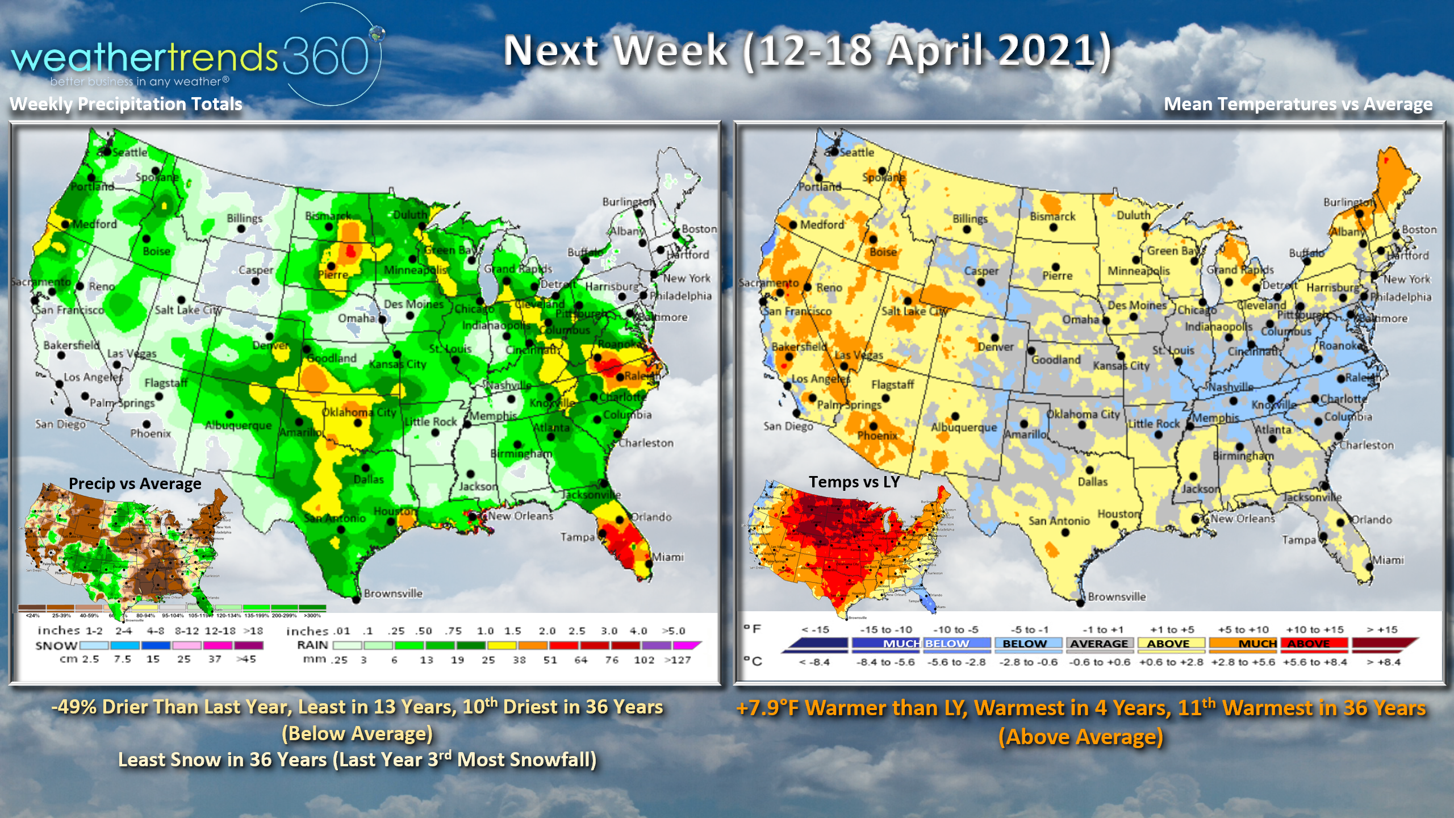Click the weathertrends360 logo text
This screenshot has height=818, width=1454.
pos(190,57)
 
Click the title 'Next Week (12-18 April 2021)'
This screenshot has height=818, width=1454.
pos(807,51)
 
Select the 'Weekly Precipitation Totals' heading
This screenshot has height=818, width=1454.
pos(126,104)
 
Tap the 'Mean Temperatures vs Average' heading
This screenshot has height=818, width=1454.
pos(1298,104)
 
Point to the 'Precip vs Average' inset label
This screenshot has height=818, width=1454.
pos(135,483)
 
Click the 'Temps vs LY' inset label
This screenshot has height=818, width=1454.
pos(854,482)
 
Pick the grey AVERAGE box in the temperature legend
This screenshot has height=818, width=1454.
pos(1099,644)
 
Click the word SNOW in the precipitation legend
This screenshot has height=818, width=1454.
pos(56,646)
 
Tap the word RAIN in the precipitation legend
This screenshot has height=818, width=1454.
pos(312,645)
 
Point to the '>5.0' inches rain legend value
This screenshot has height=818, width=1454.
pos(674,631)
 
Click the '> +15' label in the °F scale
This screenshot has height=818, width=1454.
pos(1382,629)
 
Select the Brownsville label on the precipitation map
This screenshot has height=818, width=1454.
pos(393,594)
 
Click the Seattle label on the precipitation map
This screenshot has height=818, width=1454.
pos(129,152)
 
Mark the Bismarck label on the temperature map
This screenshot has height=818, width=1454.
pos(1052,216)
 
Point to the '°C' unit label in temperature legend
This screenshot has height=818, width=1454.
pos(753,661)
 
